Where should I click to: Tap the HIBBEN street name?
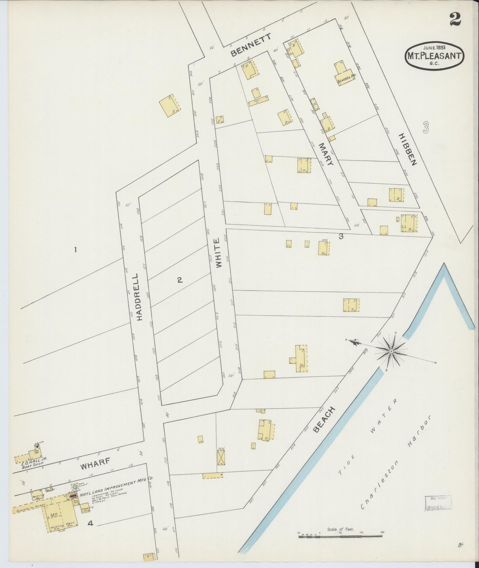click(x=408, y=149)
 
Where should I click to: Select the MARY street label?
click(x=327, y=154)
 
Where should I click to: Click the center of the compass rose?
click(x=391, y=351)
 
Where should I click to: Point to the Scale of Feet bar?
click(x=341, y=536)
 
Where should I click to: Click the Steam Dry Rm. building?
click(x=85, y=508)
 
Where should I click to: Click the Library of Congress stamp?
click(x=438, y=502)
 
